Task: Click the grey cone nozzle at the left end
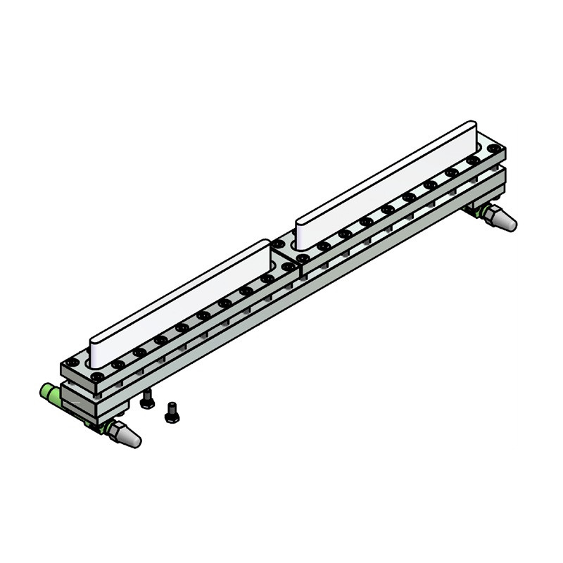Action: tap(128, 437)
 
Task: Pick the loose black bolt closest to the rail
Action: tap(147, 400)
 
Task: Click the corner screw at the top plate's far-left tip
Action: tap(72, 362)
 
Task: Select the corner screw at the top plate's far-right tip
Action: tap(495, 148)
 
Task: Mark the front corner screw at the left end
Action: tap(97, 377)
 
